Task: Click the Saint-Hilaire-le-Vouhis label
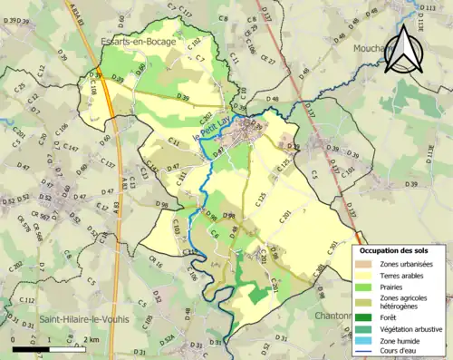[83, 319]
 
